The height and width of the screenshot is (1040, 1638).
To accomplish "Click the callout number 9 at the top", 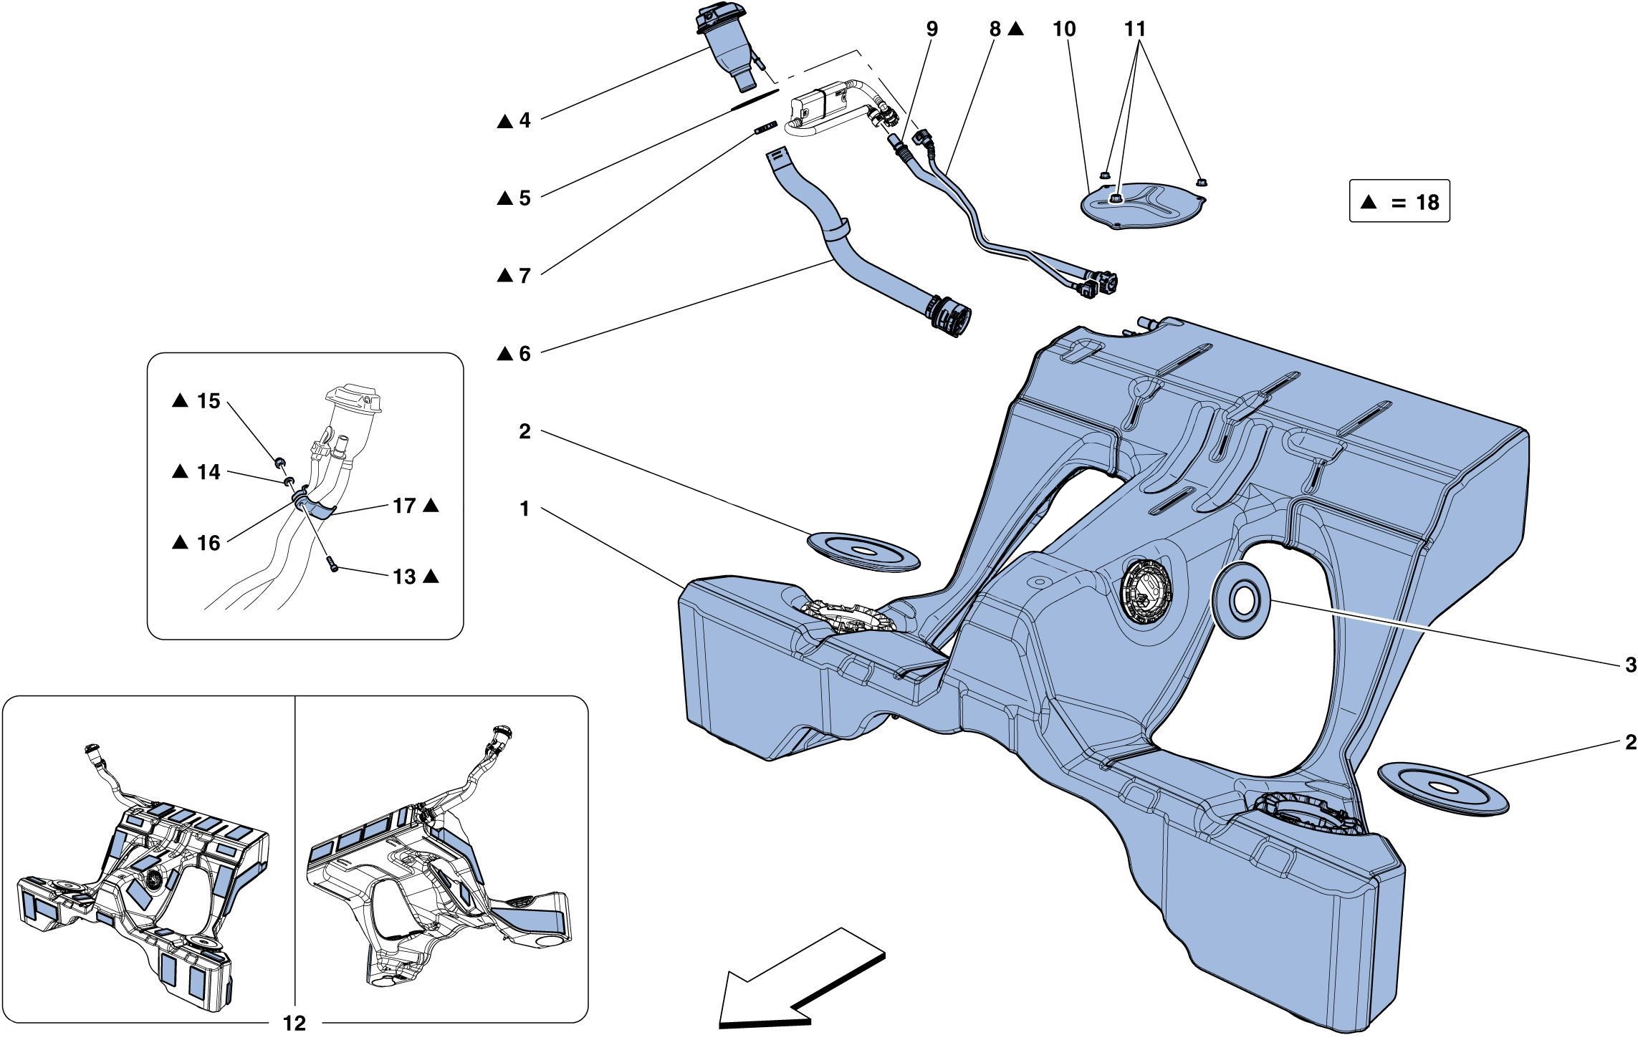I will click(x=931, y=29).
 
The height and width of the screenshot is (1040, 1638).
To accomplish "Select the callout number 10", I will click(x=1064, y=29).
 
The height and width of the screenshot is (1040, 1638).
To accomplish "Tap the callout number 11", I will click(x=1135, y=29).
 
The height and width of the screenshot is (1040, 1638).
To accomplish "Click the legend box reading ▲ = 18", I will click(x=1399, y=202).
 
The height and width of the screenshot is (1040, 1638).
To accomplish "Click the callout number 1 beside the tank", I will click(x=525, y=509).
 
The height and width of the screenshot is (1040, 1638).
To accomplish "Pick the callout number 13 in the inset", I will click(x=405, y=577).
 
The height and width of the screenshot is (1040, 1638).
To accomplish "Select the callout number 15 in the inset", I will click(x=208, y=401).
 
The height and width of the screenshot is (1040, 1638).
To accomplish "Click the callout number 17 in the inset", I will click(x=405, y=506).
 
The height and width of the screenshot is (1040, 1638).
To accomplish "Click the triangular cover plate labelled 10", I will click(x=1144, y=206).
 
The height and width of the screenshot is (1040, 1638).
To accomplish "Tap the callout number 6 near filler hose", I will click(x=525, y=354).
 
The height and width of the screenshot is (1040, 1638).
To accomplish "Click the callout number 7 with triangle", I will click(x=525, y=276).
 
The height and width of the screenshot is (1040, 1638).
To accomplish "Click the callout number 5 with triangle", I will click(x=525, y=198).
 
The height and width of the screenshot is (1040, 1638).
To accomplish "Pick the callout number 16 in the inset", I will click(x=208, y=543).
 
